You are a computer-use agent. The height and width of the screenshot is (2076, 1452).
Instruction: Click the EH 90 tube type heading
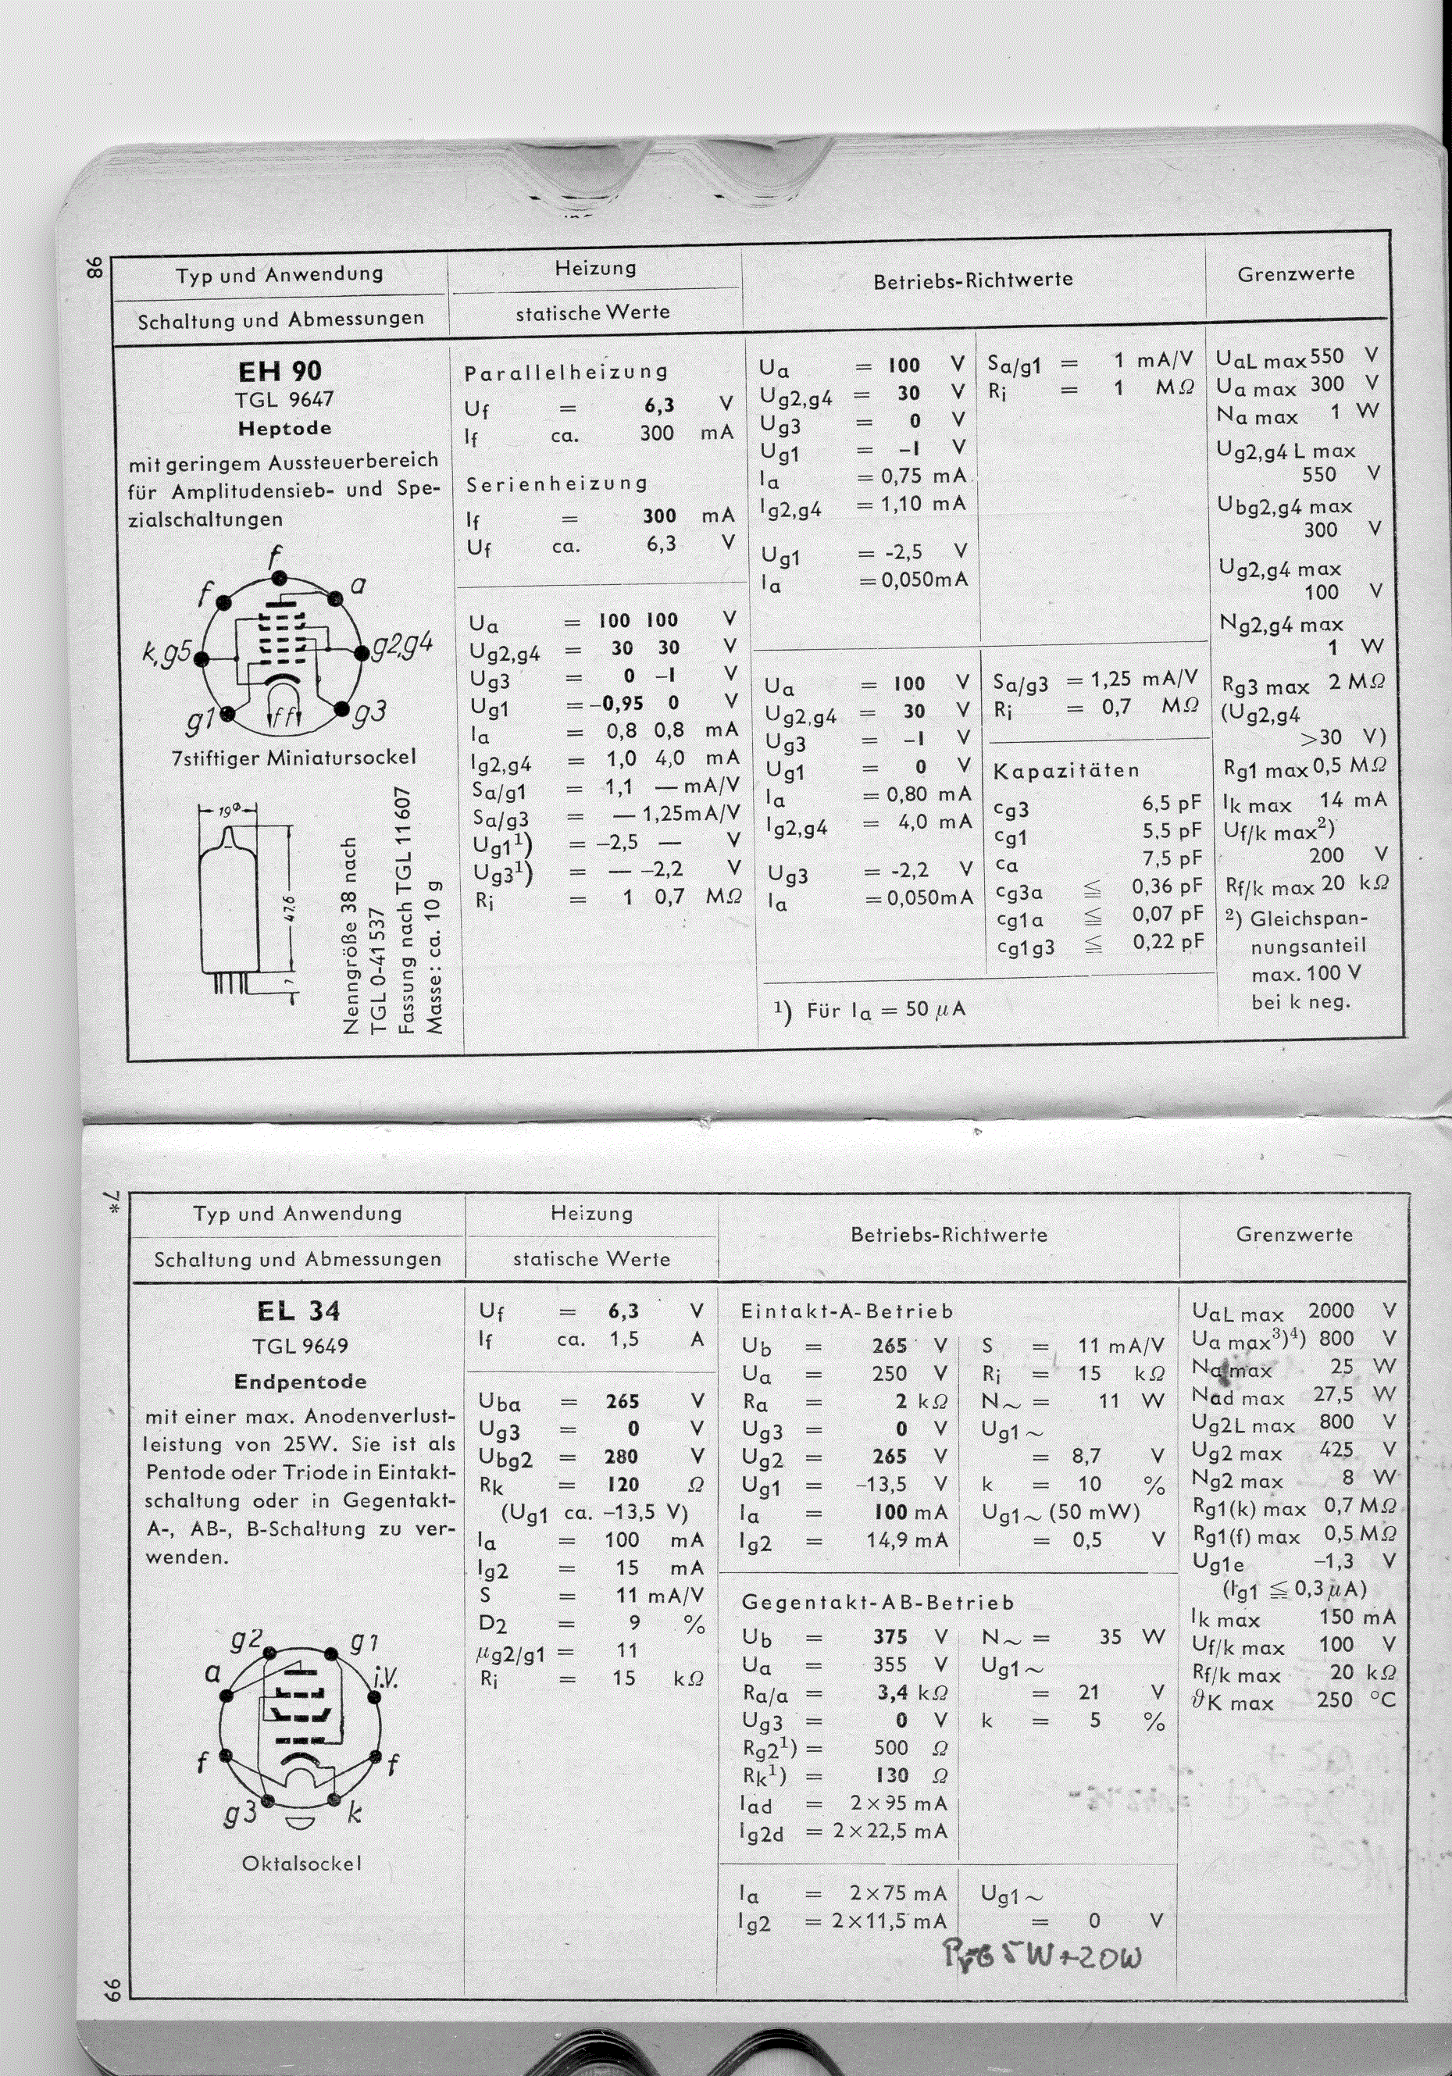[x=280, y=371]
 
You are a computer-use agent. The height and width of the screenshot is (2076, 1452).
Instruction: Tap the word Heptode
[x=285, y=429]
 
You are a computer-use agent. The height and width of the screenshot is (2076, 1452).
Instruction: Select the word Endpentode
[x=300, y=1382]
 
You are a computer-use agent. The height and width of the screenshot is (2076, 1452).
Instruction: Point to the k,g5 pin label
[x=167, y=651]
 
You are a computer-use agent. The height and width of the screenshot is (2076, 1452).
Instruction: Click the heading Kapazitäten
[x=1066, y=771]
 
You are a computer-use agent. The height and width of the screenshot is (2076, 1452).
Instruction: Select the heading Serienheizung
[x=557, y=483]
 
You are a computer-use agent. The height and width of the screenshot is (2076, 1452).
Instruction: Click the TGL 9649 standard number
[x=300, y=1347]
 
